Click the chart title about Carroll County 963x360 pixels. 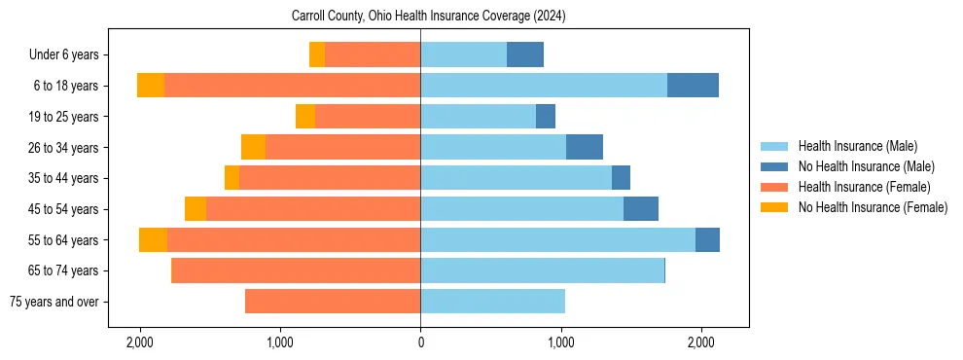point(428,17)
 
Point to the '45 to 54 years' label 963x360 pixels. point(65,209)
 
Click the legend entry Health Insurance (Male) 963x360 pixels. point(857,146)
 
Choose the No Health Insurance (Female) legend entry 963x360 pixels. point(873,207)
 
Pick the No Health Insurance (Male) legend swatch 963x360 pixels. point(775,166)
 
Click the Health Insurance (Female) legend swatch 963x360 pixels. point(775,187)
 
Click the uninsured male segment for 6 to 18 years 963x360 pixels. point(693,86)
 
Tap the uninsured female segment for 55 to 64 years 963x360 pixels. point(153,240)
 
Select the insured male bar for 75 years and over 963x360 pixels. point(492,302)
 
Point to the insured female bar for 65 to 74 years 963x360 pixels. point(296,270)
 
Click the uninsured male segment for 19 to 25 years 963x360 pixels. point(546,117)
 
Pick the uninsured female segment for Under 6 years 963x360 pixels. point(317,54)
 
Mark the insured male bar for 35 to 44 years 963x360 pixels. point(516,178)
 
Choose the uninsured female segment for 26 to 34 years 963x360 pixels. point(253,147)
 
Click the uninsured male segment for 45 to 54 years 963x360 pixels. point(641,209)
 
